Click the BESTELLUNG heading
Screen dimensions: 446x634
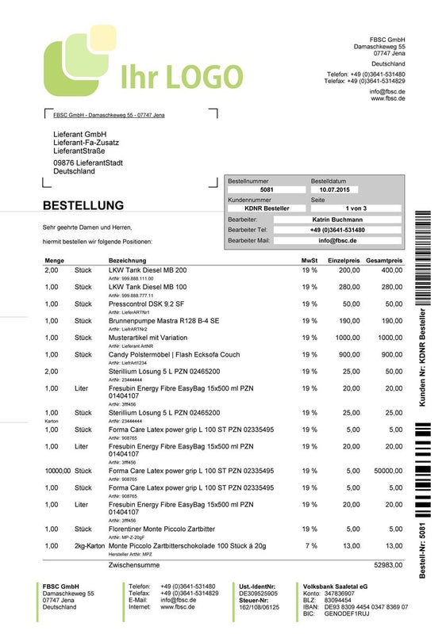pyautogui.click(x=83, y=206)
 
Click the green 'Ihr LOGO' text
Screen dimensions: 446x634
pyautogui.click(x=181, y=76)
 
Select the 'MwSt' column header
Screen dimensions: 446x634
pyautogui.click(x=310, y=260)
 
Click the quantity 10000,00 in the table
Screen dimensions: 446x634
pyautogui.click(x=58, y=471)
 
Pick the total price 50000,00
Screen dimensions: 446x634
pyautogui.click(x=386, y=471)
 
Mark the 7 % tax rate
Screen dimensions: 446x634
pyautogui.click(x=310, y=546)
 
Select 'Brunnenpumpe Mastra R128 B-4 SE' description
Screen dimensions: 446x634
pyautogui.click(x=163, y=320)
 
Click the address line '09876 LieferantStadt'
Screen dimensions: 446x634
pyautogui.click(x=88, y=162)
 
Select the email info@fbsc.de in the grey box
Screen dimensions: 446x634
pyautogui.click(x=337, y=240)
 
